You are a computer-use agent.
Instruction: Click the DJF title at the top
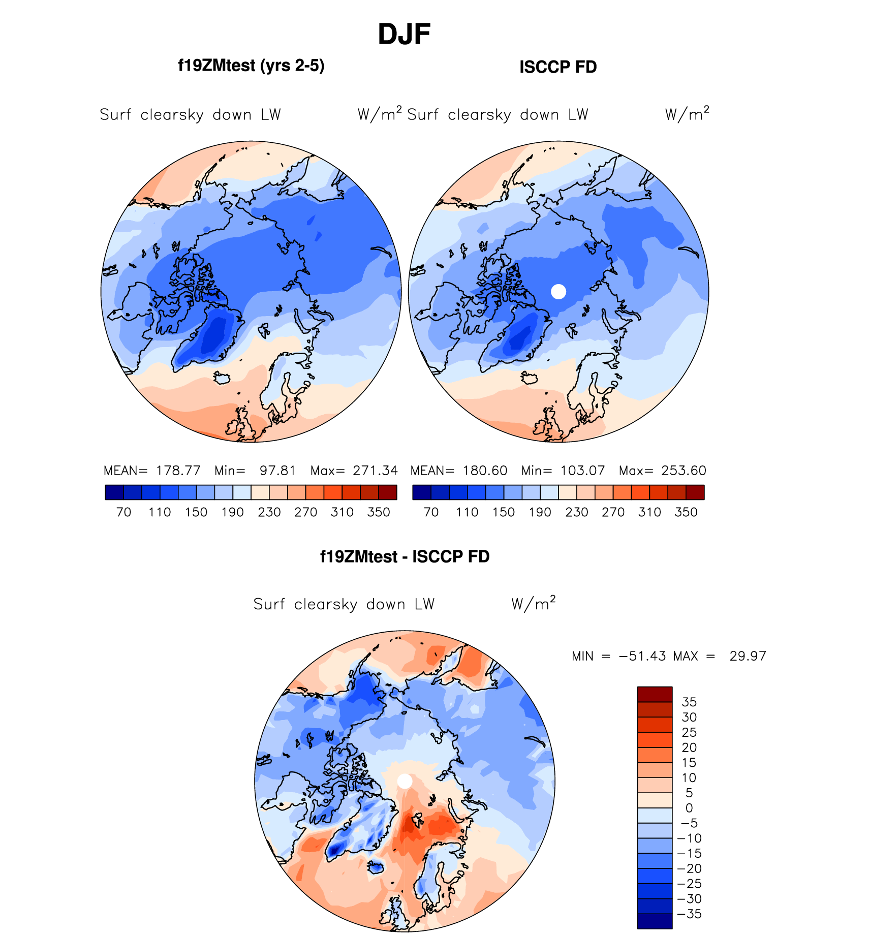[404, 35]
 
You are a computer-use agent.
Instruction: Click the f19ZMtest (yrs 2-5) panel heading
[251, 66]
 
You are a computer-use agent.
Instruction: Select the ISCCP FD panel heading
[557, 67]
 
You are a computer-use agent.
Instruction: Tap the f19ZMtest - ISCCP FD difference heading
[405, 556]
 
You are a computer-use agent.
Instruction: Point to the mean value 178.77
[178, 471]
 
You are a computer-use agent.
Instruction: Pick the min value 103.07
[582, 471]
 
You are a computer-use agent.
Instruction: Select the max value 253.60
[684, 471]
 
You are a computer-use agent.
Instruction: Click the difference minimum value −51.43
[642, 656]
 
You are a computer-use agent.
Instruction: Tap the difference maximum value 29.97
[748, 656]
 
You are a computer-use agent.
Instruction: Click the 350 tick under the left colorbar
[379, 512]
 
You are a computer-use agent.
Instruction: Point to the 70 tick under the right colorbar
[431, 512]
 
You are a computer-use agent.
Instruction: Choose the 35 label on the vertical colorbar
[689, 702]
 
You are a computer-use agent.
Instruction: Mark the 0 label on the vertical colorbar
[689, 808]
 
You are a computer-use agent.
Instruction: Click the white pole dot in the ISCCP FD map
[558, 292]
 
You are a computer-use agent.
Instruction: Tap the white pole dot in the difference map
[405, 781]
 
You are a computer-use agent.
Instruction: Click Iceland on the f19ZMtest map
[222, 378]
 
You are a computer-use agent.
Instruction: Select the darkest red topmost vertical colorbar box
[655, 694]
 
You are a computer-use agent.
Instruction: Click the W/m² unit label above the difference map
[533, 604]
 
